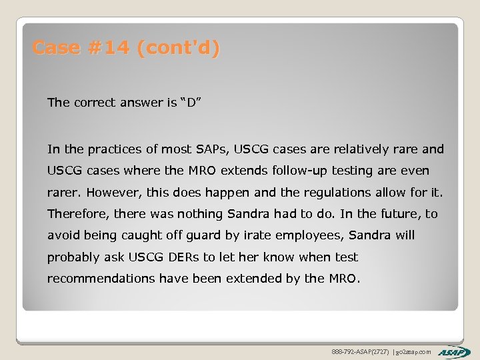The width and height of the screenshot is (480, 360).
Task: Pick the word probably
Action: pyautogui.click(x=71, y=257)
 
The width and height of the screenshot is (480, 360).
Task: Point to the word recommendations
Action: pyautogui.click(x=101, y=279)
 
